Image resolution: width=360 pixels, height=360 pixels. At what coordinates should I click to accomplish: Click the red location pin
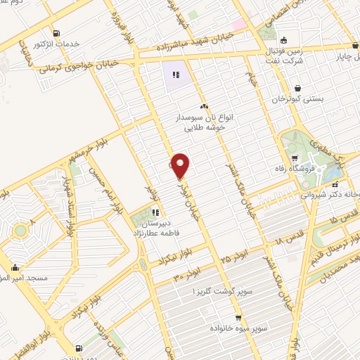(x=180, y=165)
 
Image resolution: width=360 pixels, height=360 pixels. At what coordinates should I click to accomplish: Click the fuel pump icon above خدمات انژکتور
(x=56, y=32)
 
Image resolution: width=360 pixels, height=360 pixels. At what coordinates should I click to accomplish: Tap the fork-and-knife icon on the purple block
(x=175, y=74)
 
